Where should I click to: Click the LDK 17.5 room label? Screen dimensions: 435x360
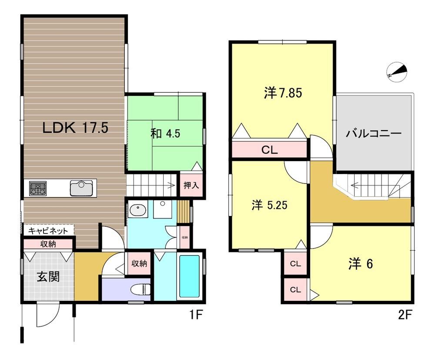(75, 128)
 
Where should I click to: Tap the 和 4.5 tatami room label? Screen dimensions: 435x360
(165, 134)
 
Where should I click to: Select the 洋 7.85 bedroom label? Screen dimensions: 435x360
(283, 93)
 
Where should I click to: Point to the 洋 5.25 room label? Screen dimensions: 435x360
(269, 205)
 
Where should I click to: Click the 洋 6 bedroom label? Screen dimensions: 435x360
(360, 264)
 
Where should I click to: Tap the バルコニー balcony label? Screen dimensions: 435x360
(374, 134)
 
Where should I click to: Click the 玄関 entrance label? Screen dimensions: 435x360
(48, 277)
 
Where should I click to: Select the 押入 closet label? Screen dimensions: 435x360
(191, 185)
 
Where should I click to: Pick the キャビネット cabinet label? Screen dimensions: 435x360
(48, 231)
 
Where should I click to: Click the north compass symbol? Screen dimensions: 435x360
(397, 72)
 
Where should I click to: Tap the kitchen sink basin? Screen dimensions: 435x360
(81, 188)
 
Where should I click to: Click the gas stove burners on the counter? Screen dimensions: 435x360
(38, 188)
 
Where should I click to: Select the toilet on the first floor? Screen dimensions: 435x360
(141, 289)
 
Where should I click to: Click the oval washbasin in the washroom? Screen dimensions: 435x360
(138, 210)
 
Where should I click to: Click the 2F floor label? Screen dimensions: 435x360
(405, 315)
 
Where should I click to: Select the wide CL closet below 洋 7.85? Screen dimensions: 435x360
(269, 150)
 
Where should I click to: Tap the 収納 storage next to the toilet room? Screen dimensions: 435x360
(139, 263)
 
